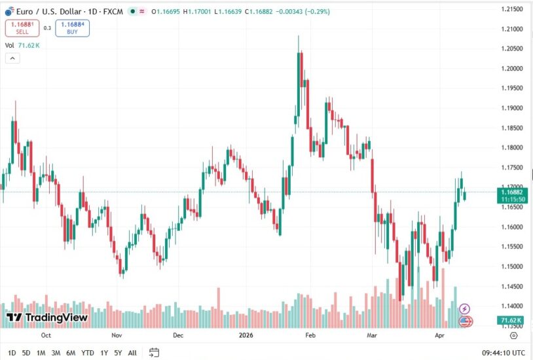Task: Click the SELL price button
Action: pos(22,27)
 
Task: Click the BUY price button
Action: pos(73,27)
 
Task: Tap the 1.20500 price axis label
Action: pos(512,49)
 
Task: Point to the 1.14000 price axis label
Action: pos(512,306)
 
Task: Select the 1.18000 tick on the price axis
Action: pos(512,148)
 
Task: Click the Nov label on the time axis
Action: pos(117,334)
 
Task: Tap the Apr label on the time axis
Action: pos(440,334)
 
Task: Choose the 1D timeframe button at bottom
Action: pos(12,353)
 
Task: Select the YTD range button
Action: pos(87,353)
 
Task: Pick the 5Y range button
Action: pos(118,353)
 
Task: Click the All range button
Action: pos(132,353)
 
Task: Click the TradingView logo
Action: pos(47,317)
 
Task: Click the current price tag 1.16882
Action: pos(511,192)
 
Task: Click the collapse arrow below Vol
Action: pos(12,58)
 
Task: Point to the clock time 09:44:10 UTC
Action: pos(504,353)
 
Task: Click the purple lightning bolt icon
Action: pos(464,308)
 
